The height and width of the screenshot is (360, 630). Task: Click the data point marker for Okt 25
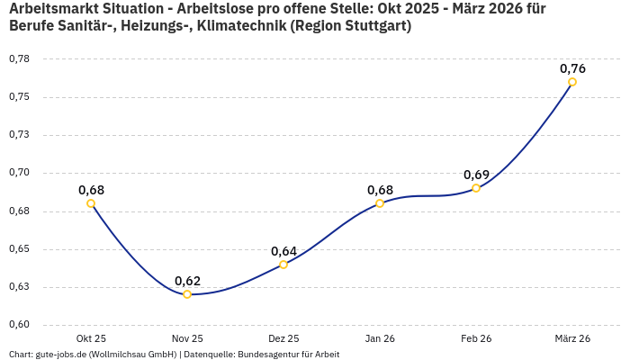pos(91,203)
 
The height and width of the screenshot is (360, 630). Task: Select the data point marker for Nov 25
pos(187,294)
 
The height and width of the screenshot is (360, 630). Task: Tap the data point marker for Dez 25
pos(283,265)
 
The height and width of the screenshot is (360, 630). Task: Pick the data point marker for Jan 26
pos(380,203)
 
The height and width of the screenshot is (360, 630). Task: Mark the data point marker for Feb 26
pos(476,188)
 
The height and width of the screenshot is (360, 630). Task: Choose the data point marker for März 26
pos(572,82)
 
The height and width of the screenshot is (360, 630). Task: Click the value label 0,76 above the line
pos(572,68)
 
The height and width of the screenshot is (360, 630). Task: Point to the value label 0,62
pos(187,281)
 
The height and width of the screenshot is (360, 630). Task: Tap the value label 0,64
pos(283,251)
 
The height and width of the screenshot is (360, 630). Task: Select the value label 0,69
pos(476,175)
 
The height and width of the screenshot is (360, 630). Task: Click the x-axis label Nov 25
pos(187,338)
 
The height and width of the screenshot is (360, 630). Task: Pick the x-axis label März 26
pos(572,338)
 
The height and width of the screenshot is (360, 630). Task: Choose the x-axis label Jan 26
pos(380,338)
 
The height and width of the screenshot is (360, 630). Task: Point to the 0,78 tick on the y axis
pos(19,59)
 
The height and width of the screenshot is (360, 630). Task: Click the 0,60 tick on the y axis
pos(19,325)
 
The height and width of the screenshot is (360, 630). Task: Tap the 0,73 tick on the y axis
pos(19,135)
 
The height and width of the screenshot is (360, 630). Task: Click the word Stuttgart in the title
pos(375,26)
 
